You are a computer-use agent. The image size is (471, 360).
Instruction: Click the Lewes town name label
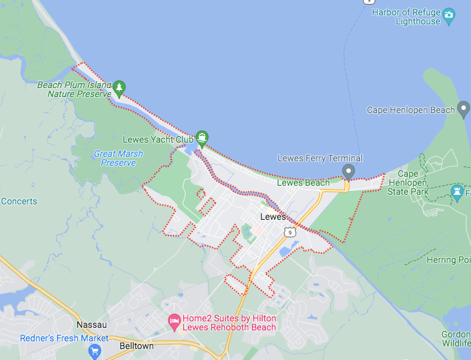[272, 217]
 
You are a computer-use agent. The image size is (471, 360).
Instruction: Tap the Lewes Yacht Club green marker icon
[202, 137]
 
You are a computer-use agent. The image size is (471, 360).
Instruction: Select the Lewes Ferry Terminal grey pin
[348, 171]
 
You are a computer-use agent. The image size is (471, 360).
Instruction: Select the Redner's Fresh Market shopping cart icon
[95, 351]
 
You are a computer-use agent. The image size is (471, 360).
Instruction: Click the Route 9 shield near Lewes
[291, 232]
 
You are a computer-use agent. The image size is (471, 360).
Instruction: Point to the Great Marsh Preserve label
[118, 158]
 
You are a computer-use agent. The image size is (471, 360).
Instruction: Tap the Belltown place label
[136, 346]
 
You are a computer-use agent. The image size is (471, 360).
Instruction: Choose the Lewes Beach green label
[303, 183]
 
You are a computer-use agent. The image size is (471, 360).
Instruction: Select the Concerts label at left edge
[19, 201]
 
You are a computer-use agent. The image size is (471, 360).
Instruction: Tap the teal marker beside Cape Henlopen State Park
[457, 192]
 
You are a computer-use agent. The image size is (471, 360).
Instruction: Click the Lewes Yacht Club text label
[158, 139]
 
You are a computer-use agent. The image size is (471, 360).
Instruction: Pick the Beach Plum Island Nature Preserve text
[75, 89]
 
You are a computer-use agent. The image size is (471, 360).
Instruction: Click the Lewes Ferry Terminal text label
[320, 158]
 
